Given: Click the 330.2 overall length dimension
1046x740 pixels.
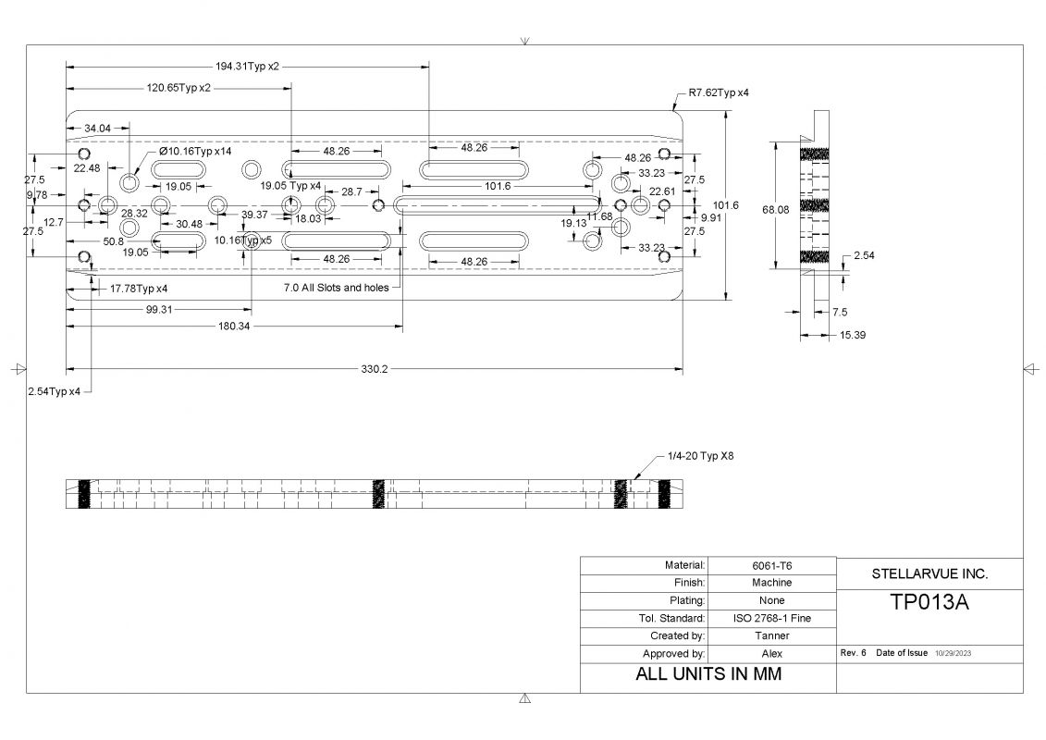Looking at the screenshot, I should coord(374,369).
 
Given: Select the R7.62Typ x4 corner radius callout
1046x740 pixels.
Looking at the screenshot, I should coord(718,93).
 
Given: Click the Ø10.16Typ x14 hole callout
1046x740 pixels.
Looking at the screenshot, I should coord(194,151).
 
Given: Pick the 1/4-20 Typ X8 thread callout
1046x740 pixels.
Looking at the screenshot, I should coord(699,456).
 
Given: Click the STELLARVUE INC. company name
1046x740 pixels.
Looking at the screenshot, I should coord(929,573).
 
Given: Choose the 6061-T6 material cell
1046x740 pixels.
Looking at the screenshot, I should coord(770,565).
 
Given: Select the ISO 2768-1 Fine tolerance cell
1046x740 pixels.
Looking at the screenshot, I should coord(770,618).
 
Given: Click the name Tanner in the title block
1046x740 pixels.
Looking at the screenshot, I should coord(770,635).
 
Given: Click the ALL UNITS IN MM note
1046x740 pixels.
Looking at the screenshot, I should coord(708,674).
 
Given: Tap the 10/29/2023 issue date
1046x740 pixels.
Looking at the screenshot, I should coord(952,653).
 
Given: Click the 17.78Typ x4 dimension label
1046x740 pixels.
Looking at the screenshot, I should coord(138,289).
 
